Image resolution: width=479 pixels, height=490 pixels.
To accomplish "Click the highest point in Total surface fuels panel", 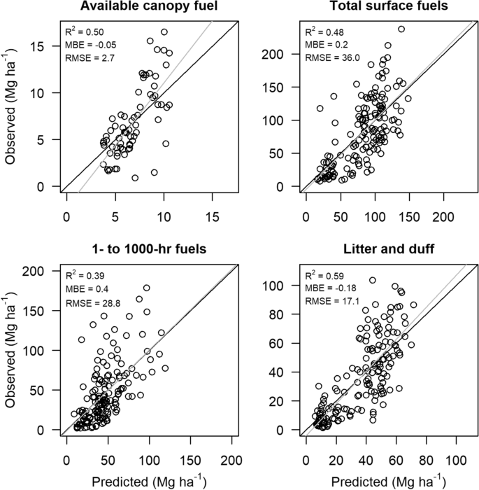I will pyautogui.click(x=401, y=29).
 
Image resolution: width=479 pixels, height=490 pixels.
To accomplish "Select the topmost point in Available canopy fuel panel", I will pyautogui.click(x=164, y=32).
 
